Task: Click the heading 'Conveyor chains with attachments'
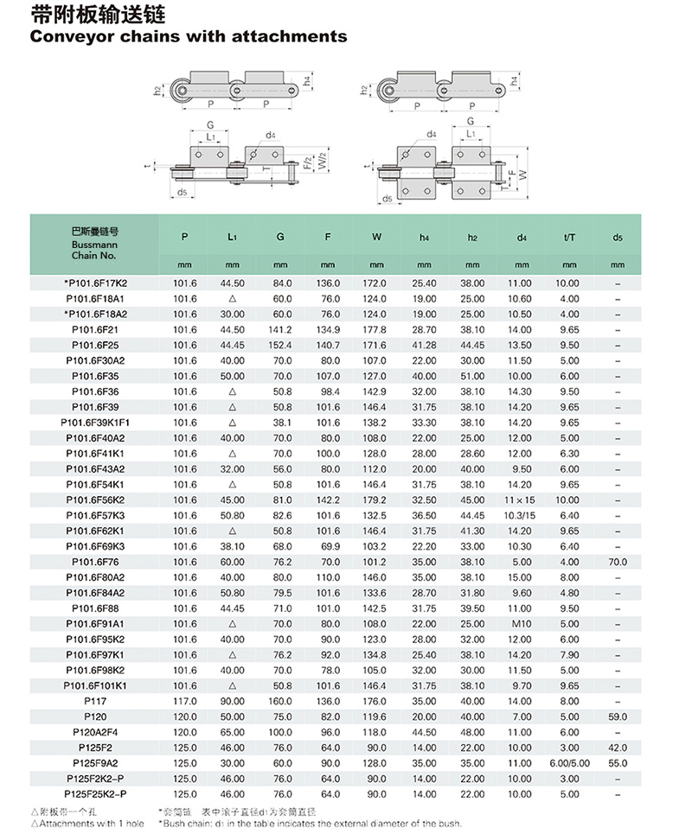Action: click(x=189, y=36)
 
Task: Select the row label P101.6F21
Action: click(x=95, y=329)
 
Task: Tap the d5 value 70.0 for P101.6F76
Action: click(x=617, y=562)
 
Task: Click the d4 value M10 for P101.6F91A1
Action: click(x=520, y=623)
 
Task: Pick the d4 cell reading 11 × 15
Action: click(x=520, y=500)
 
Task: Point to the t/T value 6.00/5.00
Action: click(x=568, y=763)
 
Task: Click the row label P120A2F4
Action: click(x=95, y=732)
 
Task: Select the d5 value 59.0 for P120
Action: click(x=617, y=716)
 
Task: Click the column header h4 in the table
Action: click(x=424, y=237)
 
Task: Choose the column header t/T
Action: click(x=568, y=237)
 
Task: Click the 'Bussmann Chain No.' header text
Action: click(x=95, y=244)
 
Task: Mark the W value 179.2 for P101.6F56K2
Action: click(x=376, y=500)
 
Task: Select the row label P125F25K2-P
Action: click(x=95, y=793)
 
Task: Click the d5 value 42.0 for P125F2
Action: click(x=617, y=748)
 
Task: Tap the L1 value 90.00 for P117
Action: click(x=232, y=701)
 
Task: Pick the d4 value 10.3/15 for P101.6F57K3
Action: click(x=520, y=515)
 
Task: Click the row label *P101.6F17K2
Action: click(x=95, y=283)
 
